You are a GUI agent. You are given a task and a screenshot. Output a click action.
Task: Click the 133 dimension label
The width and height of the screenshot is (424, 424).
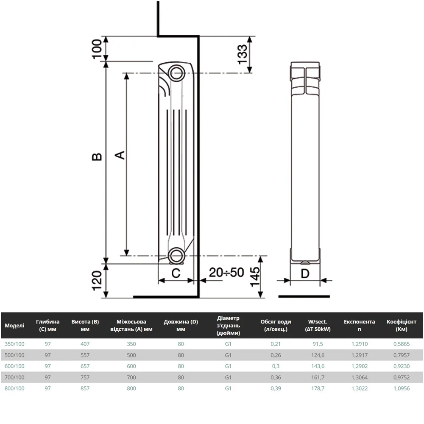(242, 54)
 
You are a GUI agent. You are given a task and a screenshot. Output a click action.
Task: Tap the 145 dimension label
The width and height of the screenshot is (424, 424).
(255, 277)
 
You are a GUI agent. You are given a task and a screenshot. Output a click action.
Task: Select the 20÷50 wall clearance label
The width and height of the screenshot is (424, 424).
(226, 272)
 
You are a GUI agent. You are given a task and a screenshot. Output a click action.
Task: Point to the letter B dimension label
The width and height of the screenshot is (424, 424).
(97, 157)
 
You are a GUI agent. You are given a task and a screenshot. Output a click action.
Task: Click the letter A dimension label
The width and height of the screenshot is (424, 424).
(120, 155)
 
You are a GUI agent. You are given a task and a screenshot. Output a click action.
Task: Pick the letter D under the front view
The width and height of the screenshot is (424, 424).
(305, 273)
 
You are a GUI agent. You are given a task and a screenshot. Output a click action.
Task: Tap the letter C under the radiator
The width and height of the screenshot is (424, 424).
(176, 273)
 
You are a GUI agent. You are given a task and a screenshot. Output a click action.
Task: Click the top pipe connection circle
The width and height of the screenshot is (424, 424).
(176, 73)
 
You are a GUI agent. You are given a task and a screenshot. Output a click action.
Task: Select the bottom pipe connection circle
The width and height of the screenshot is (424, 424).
(176, 256)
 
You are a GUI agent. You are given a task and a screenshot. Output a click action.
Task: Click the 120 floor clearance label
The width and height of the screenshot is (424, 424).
(97, 281)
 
